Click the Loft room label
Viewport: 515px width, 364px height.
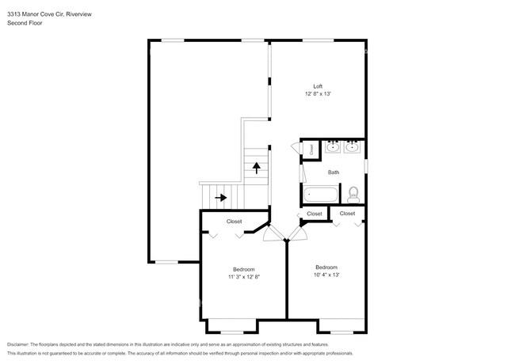318,86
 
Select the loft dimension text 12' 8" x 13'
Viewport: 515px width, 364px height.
318,94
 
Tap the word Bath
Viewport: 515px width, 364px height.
334,172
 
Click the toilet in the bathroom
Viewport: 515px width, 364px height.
353,192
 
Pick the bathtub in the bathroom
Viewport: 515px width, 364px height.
320,193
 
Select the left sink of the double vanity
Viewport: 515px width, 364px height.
334,146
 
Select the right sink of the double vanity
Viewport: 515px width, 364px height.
352,146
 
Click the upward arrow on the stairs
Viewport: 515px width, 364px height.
256,166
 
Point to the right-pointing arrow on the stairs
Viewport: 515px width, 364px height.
221,197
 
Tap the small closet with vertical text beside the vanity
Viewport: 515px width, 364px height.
311,148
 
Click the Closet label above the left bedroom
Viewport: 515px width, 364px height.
235,222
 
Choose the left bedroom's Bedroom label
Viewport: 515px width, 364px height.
243,270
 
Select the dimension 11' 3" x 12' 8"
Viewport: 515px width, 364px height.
243,278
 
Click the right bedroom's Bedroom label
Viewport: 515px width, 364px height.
326,267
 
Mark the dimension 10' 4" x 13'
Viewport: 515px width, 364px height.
326,275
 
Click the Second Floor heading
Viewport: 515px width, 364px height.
26,24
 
